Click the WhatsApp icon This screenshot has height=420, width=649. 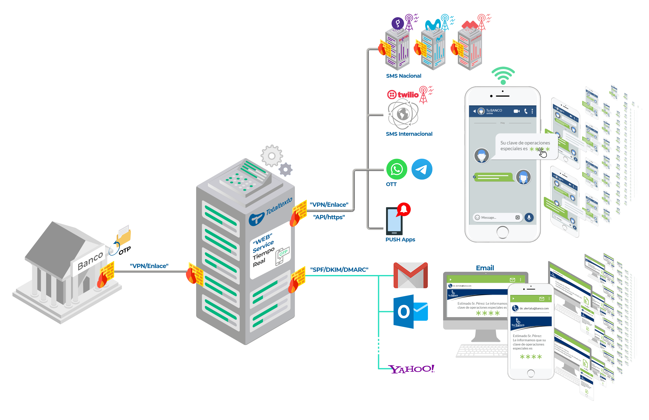point(397,169)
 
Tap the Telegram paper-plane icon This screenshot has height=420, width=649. point(422,169)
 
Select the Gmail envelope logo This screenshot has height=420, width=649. point(410,275)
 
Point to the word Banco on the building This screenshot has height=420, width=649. point(90,261)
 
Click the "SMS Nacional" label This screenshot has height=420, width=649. point(403,76)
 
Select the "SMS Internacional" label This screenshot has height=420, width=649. point(409,134)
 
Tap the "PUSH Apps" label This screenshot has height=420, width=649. point(400,240)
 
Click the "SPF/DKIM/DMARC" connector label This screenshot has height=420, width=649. point(339,270)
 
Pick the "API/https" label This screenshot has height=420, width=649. point(329,217)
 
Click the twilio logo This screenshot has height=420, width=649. point(403,95)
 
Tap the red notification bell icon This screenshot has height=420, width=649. point(404,209)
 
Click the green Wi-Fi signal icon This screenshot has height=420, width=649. point(503,75)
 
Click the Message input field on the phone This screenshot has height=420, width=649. point(495,217)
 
